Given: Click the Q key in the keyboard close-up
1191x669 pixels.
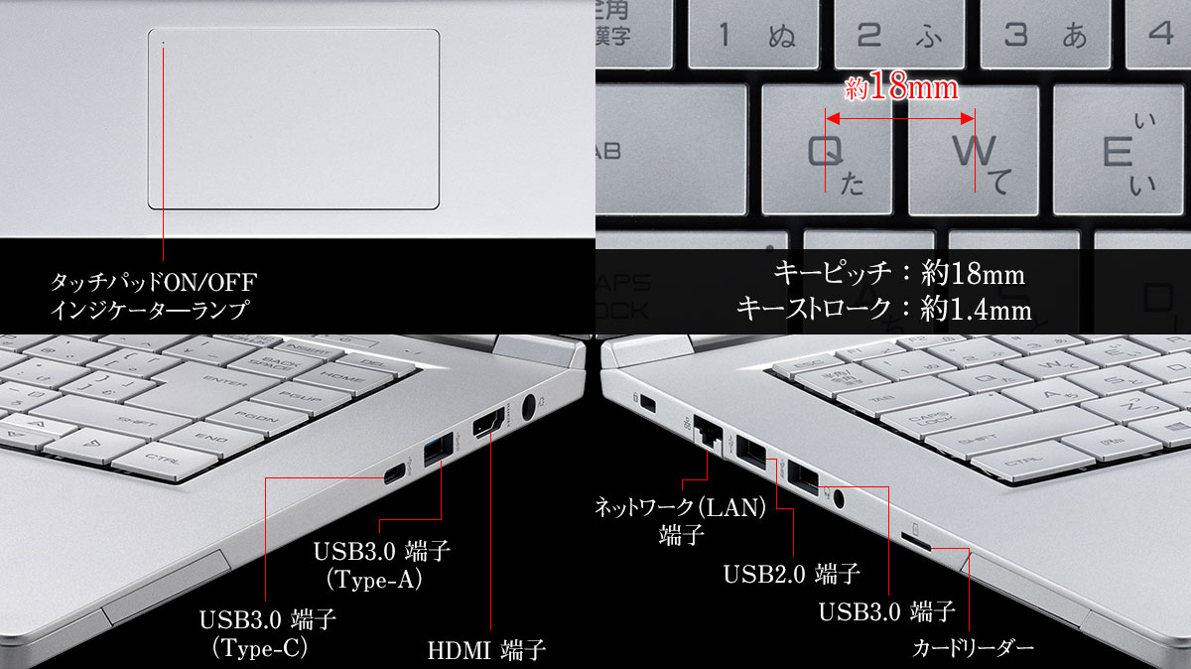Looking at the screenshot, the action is [827, 150].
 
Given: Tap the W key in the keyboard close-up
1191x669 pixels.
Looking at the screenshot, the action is [973, 150].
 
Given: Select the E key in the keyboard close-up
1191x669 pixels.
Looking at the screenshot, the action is [1120, 150].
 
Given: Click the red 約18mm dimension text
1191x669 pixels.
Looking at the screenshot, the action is [902, 86].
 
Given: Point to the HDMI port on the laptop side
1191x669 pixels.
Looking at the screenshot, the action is [488, 423].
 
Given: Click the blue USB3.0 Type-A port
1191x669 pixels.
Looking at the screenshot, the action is [438, 450].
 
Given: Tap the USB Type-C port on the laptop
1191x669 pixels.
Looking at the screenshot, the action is [394, 473].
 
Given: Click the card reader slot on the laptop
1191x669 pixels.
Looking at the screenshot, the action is [916, 542].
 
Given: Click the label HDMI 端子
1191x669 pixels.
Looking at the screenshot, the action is [486, 650].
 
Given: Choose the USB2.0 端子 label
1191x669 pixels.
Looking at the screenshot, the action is [792, 574].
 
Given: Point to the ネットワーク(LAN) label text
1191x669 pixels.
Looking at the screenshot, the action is [681, 507].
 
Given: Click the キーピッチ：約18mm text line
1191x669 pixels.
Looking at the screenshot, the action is [899, 273].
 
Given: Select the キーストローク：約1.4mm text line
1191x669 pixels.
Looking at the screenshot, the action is [883, 309].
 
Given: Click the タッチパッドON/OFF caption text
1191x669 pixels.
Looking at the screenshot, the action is [154, 282].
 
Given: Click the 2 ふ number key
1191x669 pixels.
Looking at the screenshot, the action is [899, 34].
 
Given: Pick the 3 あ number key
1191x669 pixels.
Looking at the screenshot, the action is [1045, 34].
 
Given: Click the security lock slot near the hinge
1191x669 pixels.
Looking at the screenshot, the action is [647, 403].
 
